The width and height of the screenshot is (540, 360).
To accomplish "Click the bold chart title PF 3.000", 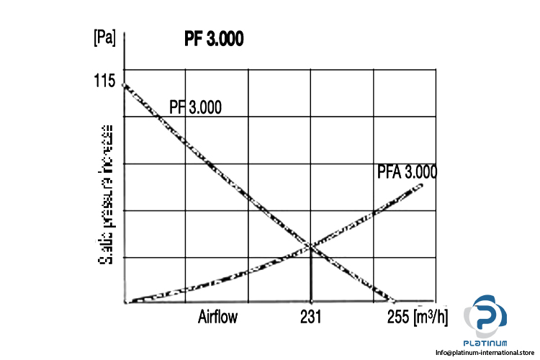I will pyautogui.click(x=214, y=39).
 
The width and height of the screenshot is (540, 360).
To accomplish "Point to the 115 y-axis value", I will pyautogui.click(x=104, y=81).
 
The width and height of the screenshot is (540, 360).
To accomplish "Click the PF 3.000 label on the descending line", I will pyautogui.click(x=195, y=107).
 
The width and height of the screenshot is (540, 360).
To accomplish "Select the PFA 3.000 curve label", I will pyautogui.click(x=407, y=172).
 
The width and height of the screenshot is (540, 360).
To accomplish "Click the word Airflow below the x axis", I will pyautogui.click(x=217, y=316).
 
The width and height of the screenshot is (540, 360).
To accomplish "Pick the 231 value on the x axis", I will pyautogui.click(x=310, y=316).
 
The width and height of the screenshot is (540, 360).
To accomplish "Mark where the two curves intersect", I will pyautogui.click(x=310, y=246).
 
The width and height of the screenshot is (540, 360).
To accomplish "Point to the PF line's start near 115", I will pyautogui.click(x=126, y=86).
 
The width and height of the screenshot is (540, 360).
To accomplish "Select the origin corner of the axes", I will pyautogui.click(x=125, y=302).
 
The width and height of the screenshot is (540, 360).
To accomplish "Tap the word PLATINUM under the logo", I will pyautogui.click(x=488, y=342).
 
